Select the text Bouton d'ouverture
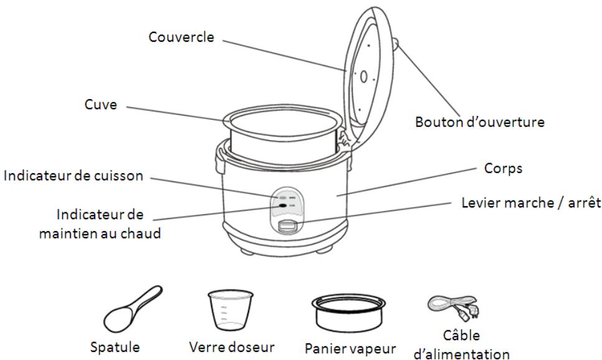point(479,121)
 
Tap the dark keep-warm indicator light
point(283,204)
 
